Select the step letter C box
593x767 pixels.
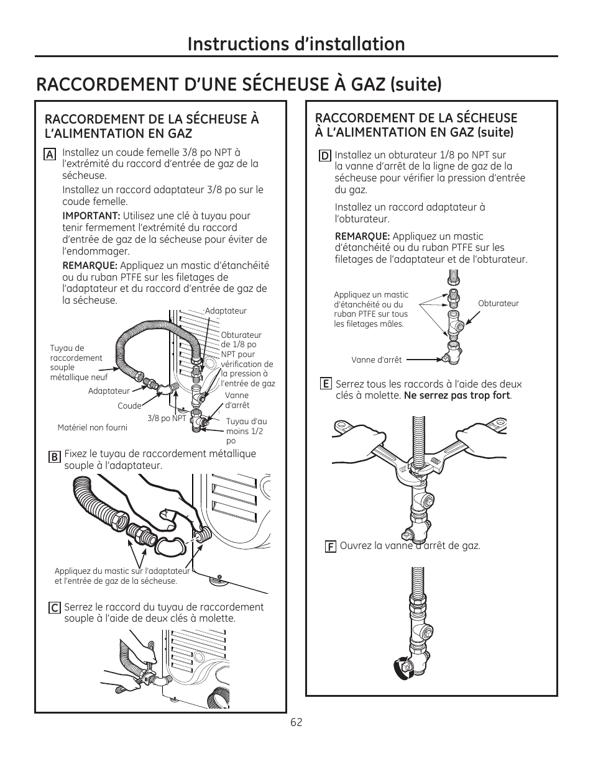55,609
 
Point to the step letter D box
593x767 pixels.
324,156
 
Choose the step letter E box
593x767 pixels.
325,384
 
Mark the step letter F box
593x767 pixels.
331,547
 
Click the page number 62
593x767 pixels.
296,722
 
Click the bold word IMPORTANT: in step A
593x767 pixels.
91,216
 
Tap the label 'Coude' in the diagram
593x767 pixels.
129,406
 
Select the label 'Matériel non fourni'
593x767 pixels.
92,427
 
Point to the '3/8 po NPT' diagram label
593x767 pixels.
167,418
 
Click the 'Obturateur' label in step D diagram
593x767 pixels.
498,304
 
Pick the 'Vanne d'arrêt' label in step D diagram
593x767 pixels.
376,360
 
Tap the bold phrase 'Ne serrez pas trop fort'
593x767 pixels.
457,396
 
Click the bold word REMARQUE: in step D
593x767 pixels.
362,236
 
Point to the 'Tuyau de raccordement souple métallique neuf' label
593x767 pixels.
78,363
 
